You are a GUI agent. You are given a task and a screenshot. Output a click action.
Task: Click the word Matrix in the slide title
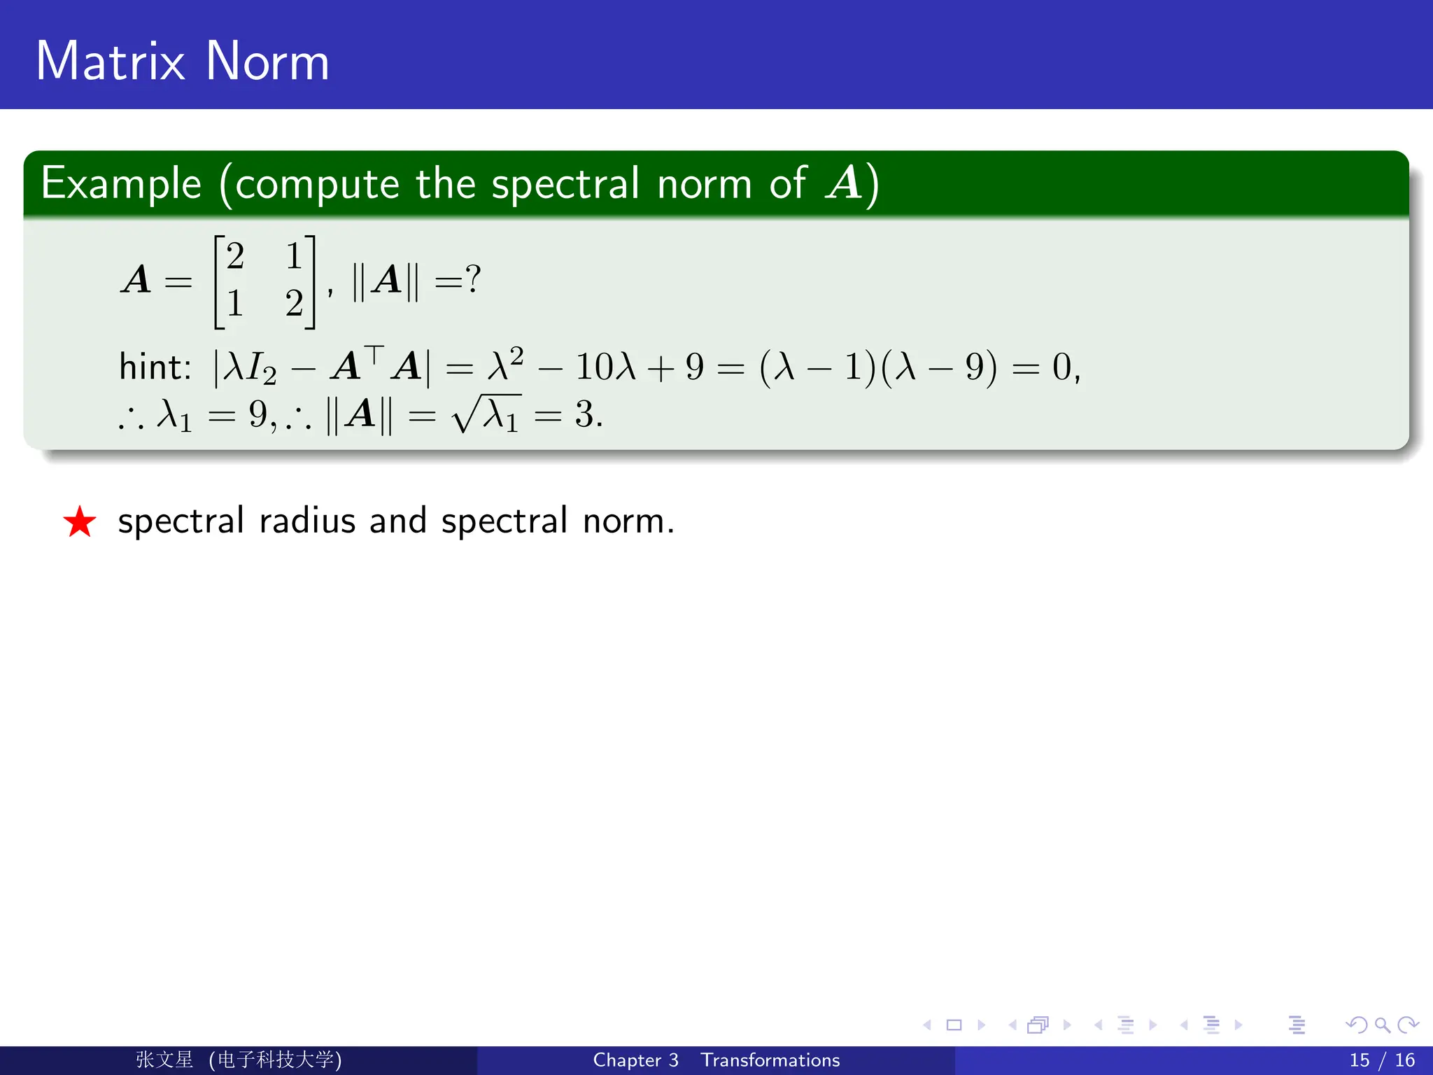[111, 62]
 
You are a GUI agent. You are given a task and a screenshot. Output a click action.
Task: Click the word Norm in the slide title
[267, 62]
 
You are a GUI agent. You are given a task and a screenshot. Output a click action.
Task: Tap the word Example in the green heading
[121, 184]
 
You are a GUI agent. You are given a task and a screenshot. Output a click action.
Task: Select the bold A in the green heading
[844, 183]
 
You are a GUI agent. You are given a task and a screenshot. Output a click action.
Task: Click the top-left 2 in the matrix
[235, 256]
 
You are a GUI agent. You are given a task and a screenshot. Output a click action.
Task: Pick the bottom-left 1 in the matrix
[235, 303]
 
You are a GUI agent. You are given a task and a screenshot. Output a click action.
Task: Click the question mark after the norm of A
[474, 279]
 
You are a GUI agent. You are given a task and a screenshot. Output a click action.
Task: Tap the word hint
[154, 367]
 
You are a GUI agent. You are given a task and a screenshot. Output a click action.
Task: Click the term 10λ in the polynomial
[605, 367]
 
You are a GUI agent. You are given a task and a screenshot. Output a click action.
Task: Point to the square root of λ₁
[487, 414]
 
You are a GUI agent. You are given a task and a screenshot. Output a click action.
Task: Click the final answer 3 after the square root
[584, 414]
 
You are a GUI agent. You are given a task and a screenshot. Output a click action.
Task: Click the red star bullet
[80, 522]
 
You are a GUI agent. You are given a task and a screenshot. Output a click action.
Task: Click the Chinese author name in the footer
[164, 1060]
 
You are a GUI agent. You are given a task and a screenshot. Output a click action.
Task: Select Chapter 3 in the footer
[635, 1060]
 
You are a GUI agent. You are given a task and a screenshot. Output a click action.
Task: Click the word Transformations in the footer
[770, 1060]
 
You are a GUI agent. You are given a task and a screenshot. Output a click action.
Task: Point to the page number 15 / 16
[1381, 1060]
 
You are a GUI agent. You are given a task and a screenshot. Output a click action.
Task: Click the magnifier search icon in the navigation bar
[1382, 1025]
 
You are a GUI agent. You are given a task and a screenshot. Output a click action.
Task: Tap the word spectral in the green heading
[565, 184]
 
